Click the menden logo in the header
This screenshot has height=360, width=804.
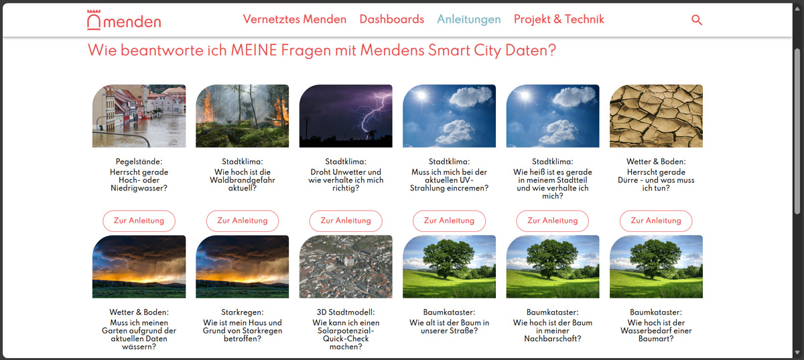click(x=124, y=20)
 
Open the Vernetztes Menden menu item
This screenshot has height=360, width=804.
click(x=294, y=19)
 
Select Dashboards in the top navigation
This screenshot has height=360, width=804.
click(x=391, y=19)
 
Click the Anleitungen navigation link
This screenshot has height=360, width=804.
click(x=468, y=19)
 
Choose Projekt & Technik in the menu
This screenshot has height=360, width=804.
click(x=559, y=19)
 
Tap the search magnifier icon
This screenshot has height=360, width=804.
click(x=697, y=19)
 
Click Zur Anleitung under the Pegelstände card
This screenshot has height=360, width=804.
click(x=139, y=221)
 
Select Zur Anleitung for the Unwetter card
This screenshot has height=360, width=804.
click(x=346, y=221)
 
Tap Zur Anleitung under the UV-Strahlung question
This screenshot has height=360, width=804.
click(x=449, y=221)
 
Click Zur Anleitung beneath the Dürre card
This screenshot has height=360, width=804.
click(x=656, y=221)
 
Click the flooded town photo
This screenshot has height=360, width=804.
click(x=139, y=116)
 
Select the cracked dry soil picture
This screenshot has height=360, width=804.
click(x=656, y=116)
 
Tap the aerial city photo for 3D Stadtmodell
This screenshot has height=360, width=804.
click(x=346, y=267)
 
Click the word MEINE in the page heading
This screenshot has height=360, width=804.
click(x=254, y=50)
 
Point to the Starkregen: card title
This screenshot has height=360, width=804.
click(x=243, y=312)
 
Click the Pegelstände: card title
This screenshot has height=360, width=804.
click(x=139, y=162)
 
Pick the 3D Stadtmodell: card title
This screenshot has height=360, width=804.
click(x=346, y=312)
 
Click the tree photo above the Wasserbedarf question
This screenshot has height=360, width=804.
click(x=656, y=267)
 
